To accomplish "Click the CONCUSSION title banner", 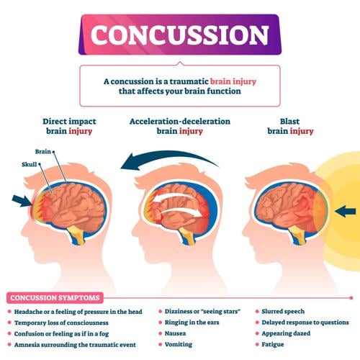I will click(x=179, y=35).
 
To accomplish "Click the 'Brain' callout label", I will click(x=42, y=152).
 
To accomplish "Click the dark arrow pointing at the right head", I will click(x=346, y=210).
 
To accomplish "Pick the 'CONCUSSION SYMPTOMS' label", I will click(x=54, y=297).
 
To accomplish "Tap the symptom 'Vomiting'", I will click(x=179, y=346).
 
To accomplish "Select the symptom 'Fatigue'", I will click(x=276, y=346).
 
